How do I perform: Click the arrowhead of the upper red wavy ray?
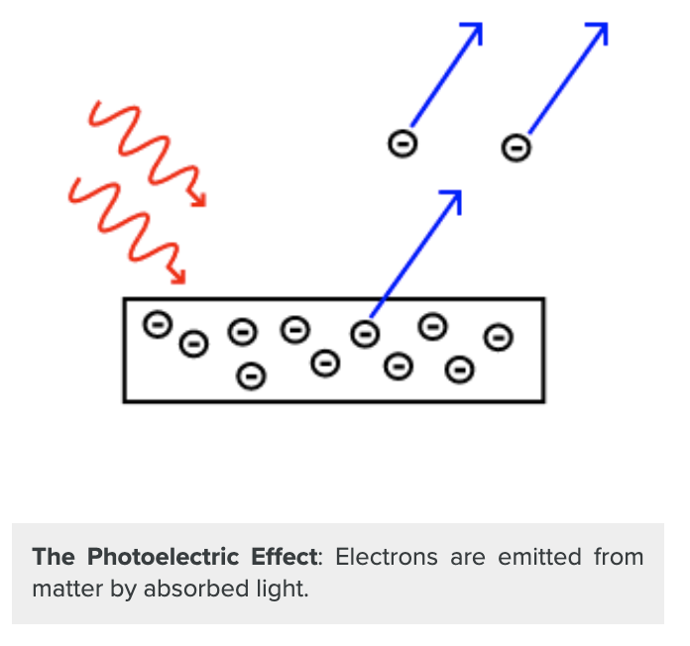tap(200, 202)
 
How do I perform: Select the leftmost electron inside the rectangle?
tap(157, 324)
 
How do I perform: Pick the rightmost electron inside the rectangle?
tap(498, 338)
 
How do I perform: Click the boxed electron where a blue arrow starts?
tap(365, 334)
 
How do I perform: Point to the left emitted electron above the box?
tap(402, 143)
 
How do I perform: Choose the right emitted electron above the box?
tap(516, 148)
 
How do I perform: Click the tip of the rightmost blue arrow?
tap(603, 26)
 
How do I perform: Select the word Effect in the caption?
tap(287, 557)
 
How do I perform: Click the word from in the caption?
tap(619, 557)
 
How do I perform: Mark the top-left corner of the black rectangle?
tap(125, 299)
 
